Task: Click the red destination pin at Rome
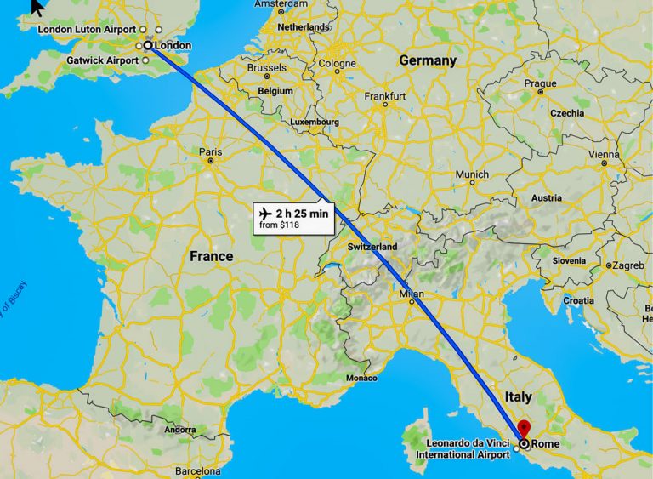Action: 525,428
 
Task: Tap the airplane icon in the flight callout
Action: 265,212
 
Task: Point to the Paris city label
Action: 210,152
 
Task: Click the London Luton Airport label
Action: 87,30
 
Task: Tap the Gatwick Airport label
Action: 102,60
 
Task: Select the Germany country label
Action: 428,61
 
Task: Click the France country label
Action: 211,256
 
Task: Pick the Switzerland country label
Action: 372,247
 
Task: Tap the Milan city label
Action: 411,294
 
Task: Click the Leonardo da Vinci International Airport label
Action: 463,449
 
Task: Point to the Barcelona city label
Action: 197,470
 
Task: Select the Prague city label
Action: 540,83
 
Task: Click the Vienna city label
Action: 605,155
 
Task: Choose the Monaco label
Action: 361,378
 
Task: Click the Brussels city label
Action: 266,67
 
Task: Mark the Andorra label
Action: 179,430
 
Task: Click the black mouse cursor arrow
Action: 37,8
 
